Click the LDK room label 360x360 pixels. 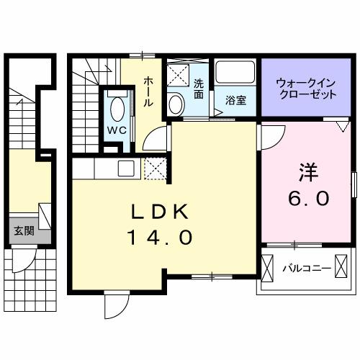pyautogui.click(x=160, y=212)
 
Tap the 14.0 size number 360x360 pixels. pyautogui.click(x=160, y=236)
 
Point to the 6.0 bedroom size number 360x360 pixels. pyautogui.click(x=310, y=197)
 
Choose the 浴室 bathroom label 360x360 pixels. pyautogui.click(x=235, y=101)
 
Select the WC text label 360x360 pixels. pyautogui.click(x=117, y=130)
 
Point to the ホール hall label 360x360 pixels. pyautogui.click(x=148, y=91)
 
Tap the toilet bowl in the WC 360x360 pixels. pyautogui.click(x=118, y=109)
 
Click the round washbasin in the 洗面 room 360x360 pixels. pyautogui.click(x=176, y=104)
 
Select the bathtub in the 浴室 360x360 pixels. pyautogui.click(x=234, y=75)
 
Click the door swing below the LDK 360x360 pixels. pyautogui.click(x=114, y=304)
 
